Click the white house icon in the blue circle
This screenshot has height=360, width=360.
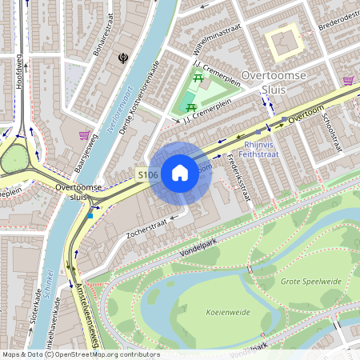point(180,173)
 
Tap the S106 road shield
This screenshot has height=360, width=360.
point(146,174)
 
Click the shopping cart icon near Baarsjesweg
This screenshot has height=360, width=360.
point(85,135)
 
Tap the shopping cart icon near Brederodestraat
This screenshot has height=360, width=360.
point(348,80)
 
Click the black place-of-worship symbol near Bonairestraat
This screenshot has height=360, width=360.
point(124,58)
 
